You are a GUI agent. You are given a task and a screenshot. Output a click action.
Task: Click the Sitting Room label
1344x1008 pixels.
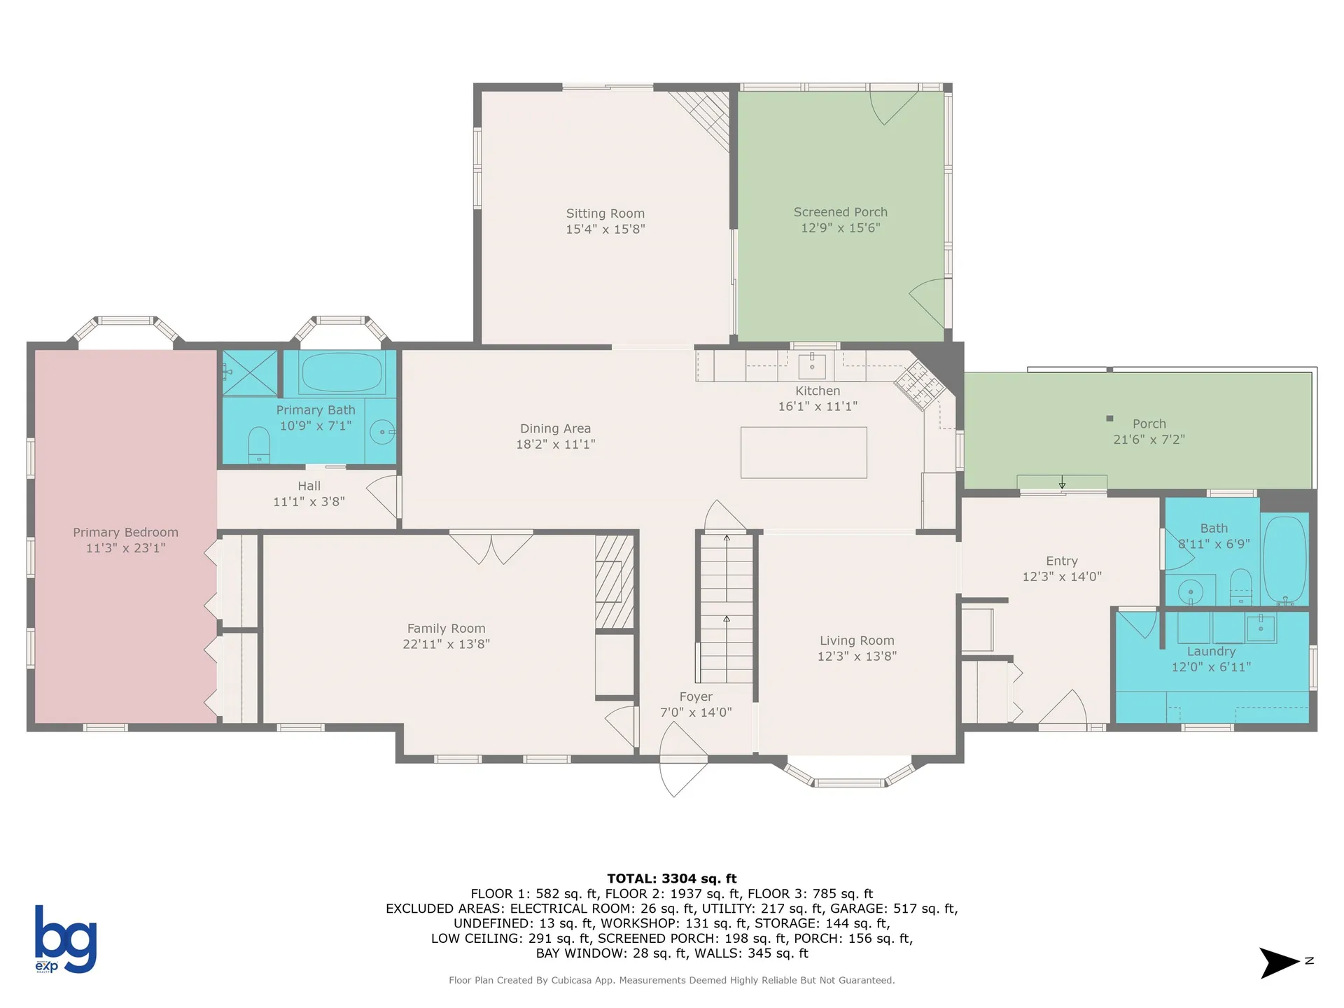pos(605,213)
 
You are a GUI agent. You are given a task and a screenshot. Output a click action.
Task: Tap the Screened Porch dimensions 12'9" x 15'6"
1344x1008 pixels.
pos(840,227)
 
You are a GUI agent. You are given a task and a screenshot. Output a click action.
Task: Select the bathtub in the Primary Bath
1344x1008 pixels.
pos(342,372)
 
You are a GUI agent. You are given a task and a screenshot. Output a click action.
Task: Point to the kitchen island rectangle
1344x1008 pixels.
pos(804,452)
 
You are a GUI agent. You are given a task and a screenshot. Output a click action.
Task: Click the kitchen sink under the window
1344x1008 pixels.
pos(812,365)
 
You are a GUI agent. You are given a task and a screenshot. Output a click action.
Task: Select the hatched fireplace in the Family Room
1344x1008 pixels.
pos(614,581)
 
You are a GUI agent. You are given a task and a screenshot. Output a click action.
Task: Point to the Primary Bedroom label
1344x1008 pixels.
pos(125,532)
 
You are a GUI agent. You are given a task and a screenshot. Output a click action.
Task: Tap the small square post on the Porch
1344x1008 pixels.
pos(1109,419)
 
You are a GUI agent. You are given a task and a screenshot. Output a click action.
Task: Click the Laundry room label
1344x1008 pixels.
pos(1211,651)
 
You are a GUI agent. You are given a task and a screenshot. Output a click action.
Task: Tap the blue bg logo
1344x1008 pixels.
pos(65,939)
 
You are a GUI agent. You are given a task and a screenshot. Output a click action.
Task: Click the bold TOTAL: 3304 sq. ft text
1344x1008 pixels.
pos(671,878)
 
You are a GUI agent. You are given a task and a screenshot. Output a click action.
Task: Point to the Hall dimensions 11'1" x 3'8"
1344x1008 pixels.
pos(309,501)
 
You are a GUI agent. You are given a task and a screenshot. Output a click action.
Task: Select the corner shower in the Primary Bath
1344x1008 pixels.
pos(250,373)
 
